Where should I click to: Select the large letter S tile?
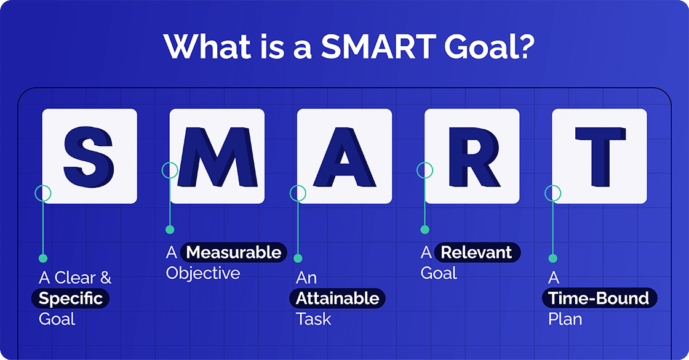coord(89,156)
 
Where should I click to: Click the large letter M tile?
coord(217,156)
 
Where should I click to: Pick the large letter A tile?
coord(344,156)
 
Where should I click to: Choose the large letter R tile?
coord(471,156)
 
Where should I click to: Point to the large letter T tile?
coord(599,156)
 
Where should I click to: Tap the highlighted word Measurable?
coord(234,252)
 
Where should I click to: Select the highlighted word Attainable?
coord(337,298)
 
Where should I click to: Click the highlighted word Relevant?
coord(477,252)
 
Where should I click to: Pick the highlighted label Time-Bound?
coord(599,299)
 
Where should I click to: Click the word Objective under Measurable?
coord(203,273)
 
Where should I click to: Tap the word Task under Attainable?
coord(313,319)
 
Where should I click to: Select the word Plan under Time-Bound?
coord(565,319)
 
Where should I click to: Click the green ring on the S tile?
coord(42,193)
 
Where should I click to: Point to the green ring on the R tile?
coord(424,170)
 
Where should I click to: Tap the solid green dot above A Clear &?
coord(42,258)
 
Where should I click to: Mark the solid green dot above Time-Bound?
coord(552,258)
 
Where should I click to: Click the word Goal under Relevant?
coord(439,273)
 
